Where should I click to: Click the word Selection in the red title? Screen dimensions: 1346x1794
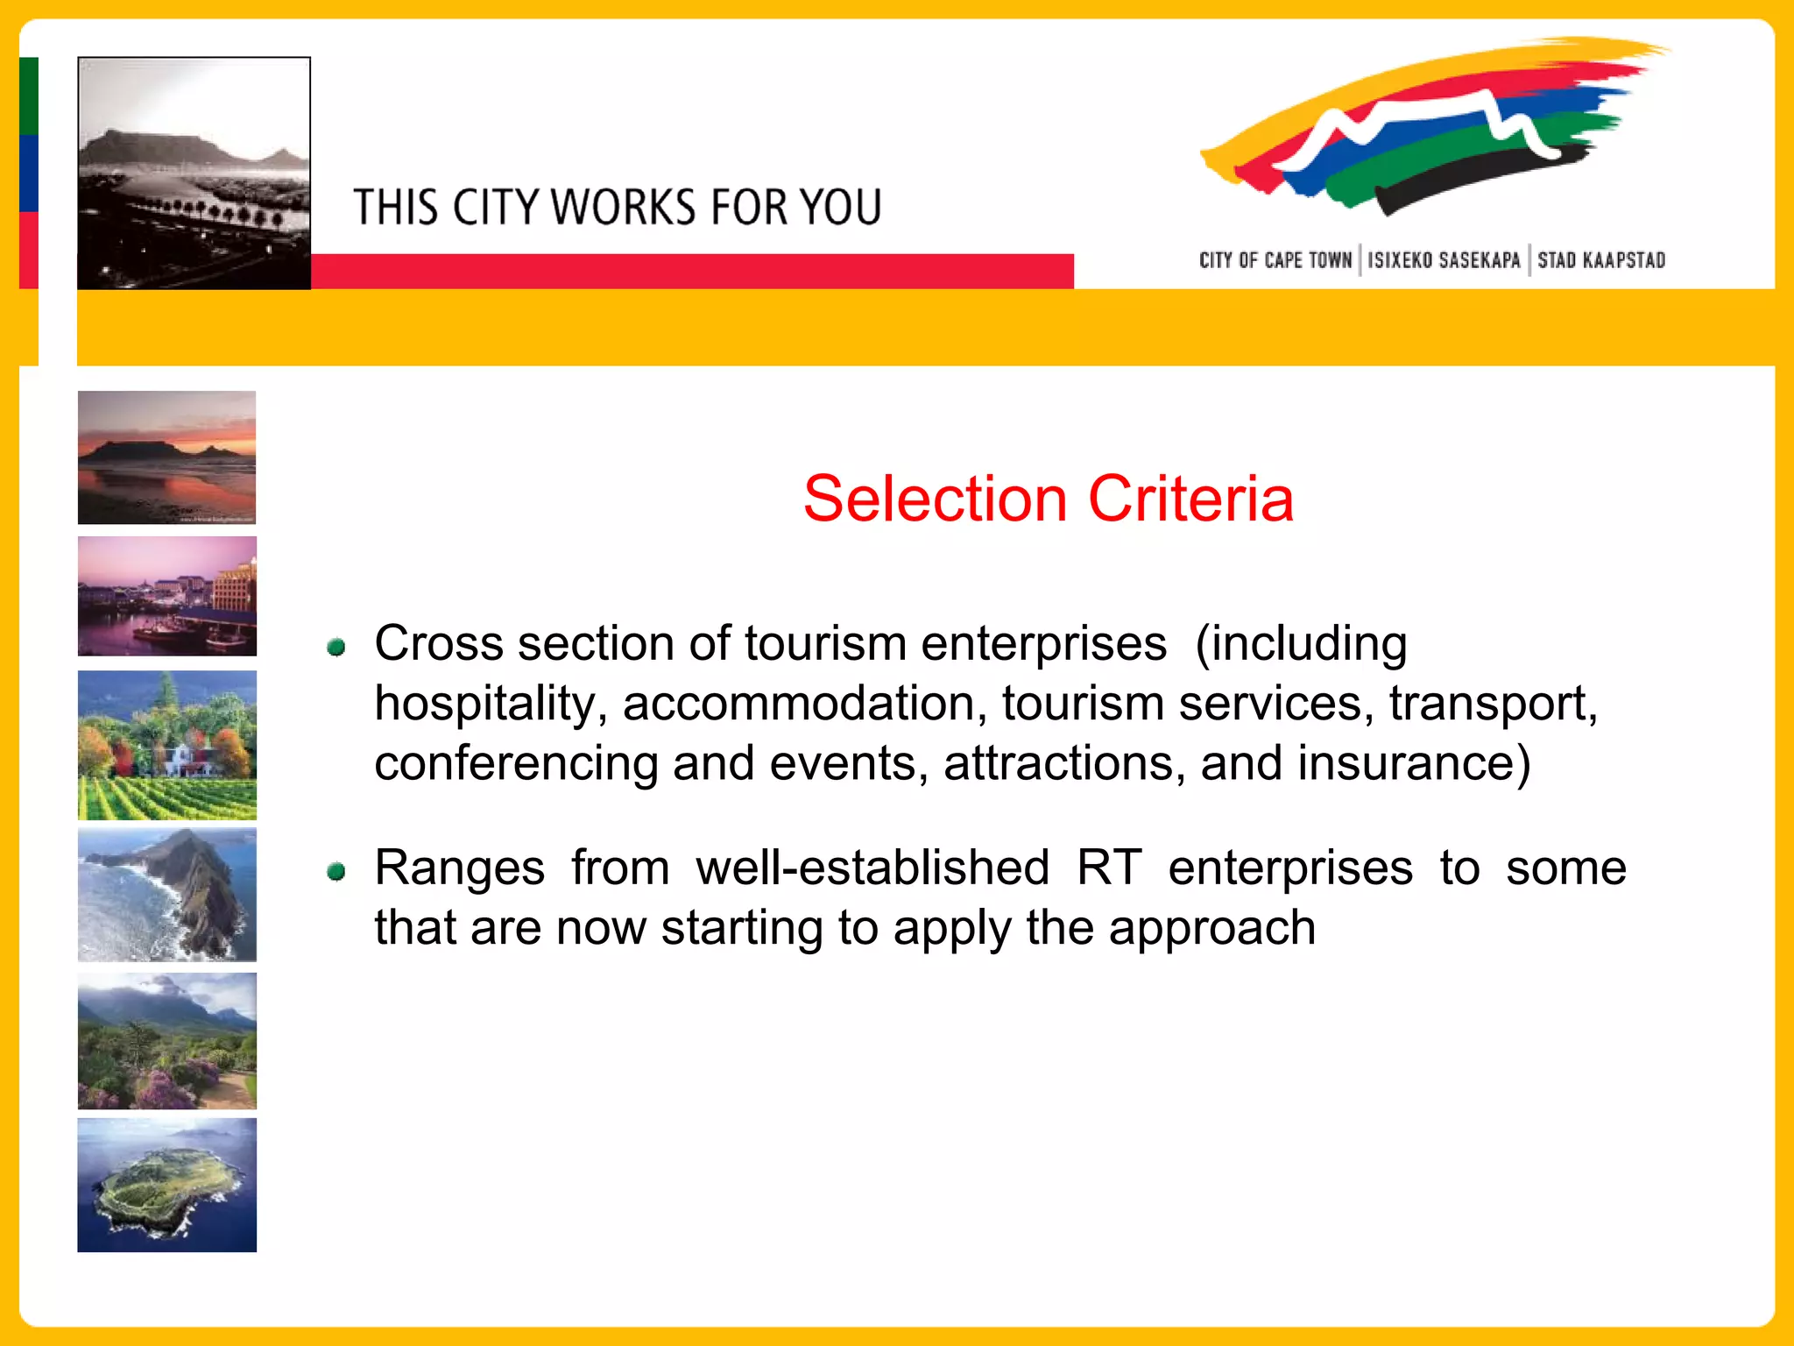click(x=935, y=499)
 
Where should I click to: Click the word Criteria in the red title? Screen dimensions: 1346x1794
click(x=1190, y=499)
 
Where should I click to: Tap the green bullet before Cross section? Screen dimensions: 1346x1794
click(x=335, y=648)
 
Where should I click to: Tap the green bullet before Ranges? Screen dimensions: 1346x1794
click(x=335, y=871)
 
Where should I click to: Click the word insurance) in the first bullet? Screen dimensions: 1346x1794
click(x=1414, y=763)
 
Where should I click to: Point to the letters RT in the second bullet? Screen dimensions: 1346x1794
click(x=1108, y=868)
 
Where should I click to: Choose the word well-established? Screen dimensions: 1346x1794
click(x=872, y=868)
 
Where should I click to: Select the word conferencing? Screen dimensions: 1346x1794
click(x=516, y=763)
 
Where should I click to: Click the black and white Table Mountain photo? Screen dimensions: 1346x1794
click(x=194, y=173)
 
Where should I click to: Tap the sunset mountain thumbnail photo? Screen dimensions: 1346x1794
click(x=166, y=457)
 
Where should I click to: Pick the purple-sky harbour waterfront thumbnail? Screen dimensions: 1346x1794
click(x=166, y=596)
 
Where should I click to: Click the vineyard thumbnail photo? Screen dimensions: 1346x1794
click(x=166, y=745)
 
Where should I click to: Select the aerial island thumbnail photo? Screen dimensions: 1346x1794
click(x=166, y=1185)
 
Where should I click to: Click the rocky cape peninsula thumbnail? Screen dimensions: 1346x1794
click(x=166, y=895)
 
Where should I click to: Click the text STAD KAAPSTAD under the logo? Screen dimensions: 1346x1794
click(x=1600, y=260)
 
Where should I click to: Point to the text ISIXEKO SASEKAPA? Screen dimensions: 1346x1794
click(x=1444, y=260)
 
